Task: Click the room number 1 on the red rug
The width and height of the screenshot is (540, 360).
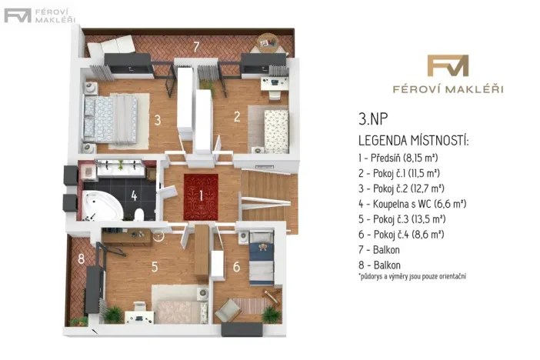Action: (201, 195)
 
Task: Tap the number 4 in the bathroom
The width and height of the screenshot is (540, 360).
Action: (134, 195)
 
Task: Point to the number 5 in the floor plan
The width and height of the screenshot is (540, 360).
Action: (155, 267)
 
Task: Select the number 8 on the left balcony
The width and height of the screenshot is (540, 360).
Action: (81, 259)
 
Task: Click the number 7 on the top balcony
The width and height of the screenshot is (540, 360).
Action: (196, 47)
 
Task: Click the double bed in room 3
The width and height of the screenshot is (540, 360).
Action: (111, 118)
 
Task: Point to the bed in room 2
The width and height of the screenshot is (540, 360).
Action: (270, 129)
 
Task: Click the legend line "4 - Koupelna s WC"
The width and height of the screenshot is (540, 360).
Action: (412, 204)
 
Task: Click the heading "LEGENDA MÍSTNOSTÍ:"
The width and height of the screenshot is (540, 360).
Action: (413, 141)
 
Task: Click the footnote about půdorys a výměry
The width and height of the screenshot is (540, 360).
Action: (412, 276)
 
